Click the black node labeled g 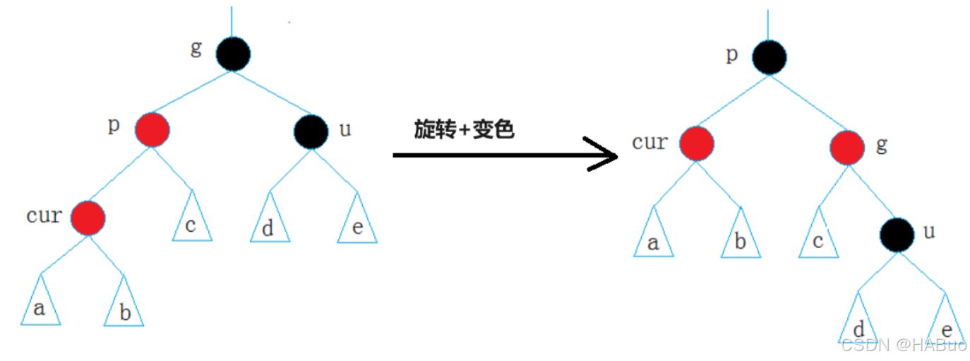[233, 54]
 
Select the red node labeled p [152, 130]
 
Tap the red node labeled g [846, 147]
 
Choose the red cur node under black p [696, 144]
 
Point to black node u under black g [311, 131]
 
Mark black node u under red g [897, 235]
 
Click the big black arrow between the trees [505, 155]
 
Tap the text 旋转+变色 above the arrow [464, 129]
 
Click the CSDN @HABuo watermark [904, 345]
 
